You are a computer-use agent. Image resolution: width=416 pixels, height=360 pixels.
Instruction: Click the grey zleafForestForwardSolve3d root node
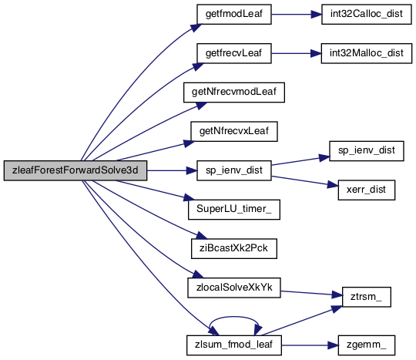75,170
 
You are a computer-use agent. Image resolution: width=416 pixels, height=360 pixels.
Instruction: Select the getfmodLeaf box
234,14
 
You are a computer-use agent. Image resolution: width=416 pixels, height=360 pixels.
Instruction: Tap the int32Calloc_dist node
367,14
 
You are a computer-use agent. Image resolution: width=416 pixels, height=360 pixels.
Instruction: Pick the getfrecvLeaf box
234,53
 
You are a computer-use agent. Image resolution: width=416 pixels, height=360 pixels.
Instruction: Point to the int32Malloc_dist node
367,53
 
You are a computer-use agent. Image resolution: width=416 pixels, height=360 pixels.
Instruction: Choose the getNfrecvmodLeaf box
234,93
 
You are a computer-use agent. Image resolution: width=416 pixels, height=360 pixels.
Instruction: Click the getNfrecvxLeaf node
234,131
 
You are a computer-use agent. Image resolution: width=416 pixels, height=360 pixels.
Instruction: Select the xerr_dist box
367,190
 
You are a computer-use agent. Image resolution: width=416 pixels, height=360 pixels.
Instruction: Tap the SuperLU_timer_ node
234,210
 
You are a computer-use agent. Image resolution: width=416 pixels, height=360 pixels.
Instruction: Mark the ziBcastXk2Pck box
234,248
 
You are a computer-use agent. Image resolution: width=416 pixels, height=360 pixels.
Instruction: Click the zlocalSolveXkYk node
234,288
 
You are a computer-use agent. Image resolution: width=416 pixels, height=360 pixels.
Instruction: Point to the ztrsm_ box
367,297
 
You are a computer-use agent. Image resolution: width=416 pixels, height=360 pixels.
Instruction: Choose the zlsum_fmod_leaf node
234,345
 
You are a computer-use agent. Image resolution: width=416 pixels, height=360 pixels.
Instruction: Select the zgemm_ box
367,345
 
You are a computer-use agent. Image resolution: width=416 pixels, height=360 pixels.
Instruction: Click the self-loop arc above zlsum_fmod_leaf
234,317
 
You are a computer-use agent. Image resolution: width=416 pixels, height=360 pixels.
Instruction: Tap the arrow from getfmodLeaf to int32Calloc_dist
297,14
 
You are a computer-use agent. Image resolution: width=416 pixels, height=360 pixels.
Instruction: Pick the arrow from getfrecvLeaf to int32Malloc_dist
296,53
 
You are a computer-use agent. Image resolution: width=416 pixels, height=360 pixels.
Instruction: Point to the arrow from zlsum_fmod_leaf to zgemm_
310,345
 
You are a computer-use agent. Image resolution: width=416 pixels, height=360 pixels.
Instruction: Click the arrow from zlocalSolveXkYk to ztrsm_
311,293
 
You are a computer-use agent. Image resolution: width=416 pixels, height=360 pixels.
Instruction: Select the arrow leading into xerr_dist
305,181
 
